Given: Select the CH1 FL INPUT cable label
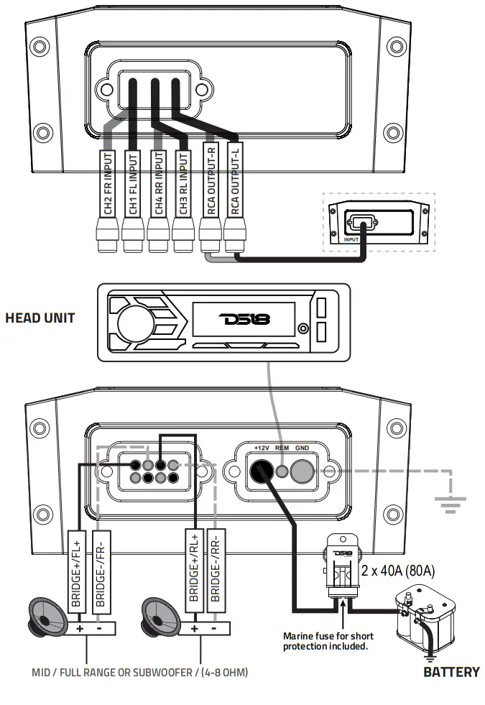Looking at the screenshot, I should pyautogui.click(x=133, y=183).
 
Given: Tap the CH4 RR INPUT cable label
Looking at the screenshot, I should pyautogui.click(x=159, y=183).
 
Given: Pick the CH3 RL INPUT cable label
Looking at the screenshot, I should pyautogui.click(x=184, y=183).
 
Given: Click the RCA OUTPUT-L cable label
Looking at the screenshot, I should pyautogui.click(x=235, y=183).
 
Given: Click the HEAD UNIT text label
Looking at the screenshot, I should pyautogui.click(x=40, y=318).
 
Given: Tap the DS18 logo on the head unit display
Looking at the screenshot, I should pyautogui.click(x=245, y=318).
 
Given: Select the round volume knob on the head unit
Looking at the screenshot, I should pyautogui.click(x=133, y=318).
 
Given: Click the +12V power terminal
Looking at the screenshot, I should pyautogui.click(x=260, y=471).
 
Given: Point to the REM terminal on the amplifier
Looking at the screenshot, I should pyautogui.click(x=282, y=472).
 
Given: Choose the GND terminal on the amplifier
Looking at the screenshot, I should pyautogui.click(x=302, y=471).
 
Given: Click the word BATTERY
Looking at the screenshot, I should pyautogui.click(x=451, y=673).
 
